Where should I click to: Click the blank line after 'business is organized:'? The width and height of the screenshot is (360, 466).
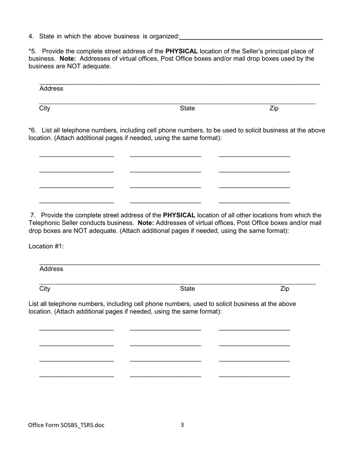(251, 37)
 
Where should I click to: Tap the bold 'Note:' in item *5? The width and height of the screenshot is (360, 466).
(68, 59)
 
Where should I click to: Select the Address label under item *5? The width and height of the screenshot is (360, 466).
(51, 89)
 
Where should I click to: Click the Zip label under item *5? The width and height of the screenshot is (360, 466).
(274, 108)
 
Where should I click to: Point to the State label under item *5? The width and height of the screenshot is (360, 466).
(187, 108)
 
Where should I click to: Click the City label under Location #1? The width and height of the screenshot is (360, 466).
(44, 289)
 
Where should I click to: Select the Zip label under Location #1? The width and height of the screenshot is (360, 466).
(285, 289)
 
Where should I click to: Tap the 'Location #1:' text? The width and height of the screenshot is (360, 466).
(46, 246)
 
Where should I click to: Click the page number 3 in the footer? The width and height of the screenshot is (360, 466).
(182, 425)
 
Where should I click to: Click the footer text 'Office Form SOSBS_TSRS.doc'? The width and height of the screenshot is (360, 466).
(66, 425)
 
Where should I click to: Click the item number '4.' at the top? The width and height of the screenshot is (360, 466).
(31, 36)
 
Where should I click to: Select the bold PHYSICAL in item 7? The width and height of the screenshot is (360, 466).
(179, 215)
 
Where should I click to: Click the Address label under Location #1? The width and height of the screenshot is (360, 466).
(51, 269)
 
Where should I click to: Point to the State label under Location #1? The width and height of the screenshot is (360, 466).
(187, 289)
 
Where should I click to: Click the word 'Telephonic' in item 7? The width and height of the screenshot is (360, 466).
(44, 223)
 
